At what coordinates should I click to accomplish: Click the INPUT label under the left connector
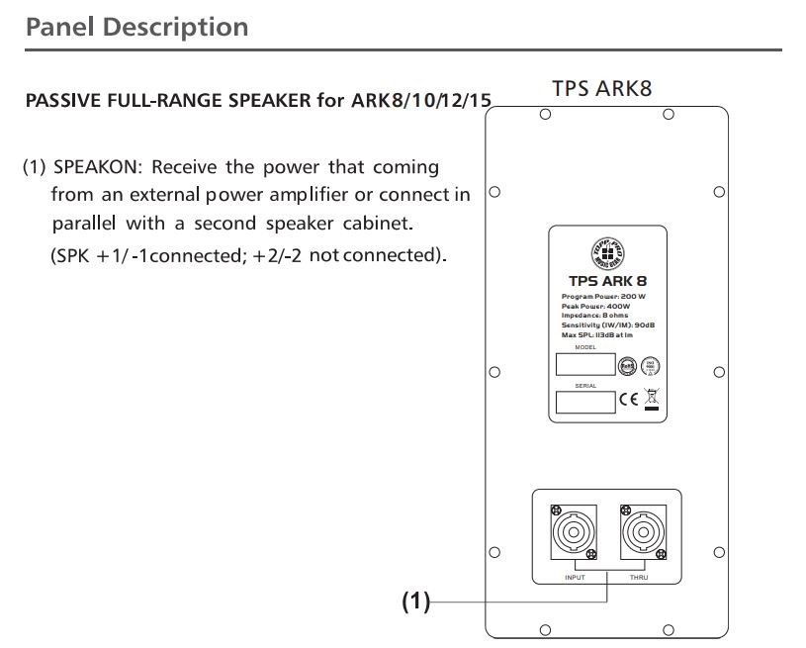[x=575, y=577]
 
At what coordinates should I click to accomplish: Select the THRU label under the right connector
[x=639, y=577]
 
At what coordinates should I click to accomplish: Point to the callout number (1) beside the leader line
[x=416, y=601]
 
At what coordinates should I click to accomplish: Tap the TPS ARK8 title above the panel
[x=601, y=88]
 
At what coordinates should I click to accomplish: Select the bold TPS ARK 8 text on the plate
[x=607, y=281]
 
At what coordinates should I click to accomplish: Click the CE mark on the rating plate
[x=629, y=401]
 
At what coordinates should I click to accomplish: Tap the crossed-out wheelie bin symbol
[x=651, y=400]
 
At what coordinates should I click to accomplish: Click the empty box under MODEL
[x=585, y=365]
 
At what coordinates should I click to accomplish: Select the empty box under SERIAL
[x=585, y=402]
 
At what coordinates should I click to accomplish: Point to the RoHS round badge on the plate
[x=625, y=365]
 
